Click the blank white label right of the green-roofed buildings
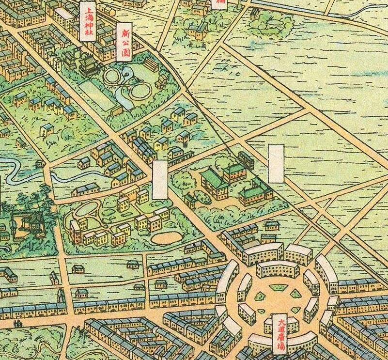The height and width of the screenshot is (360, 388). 276,163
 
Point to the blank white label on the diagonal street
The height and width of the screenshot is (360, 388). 160,180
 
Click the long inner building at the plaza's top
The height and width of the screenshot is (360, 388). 278,269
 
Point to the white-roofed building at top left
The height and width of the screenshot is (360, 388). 63,14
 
